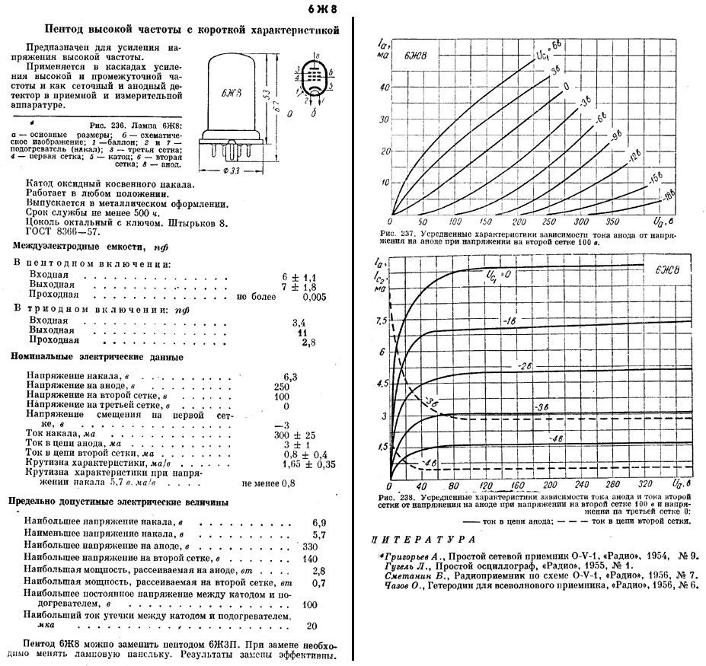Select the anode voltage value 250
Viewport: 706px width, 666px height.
290,387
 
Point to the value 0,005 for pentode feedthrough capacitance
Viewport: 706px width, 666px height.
314,297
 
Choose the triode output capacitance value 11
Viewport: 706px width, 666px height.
302,333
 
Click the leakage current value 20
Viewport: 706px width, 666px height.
311,626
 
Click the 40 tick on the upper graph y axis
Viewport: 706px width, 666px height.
384,88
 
